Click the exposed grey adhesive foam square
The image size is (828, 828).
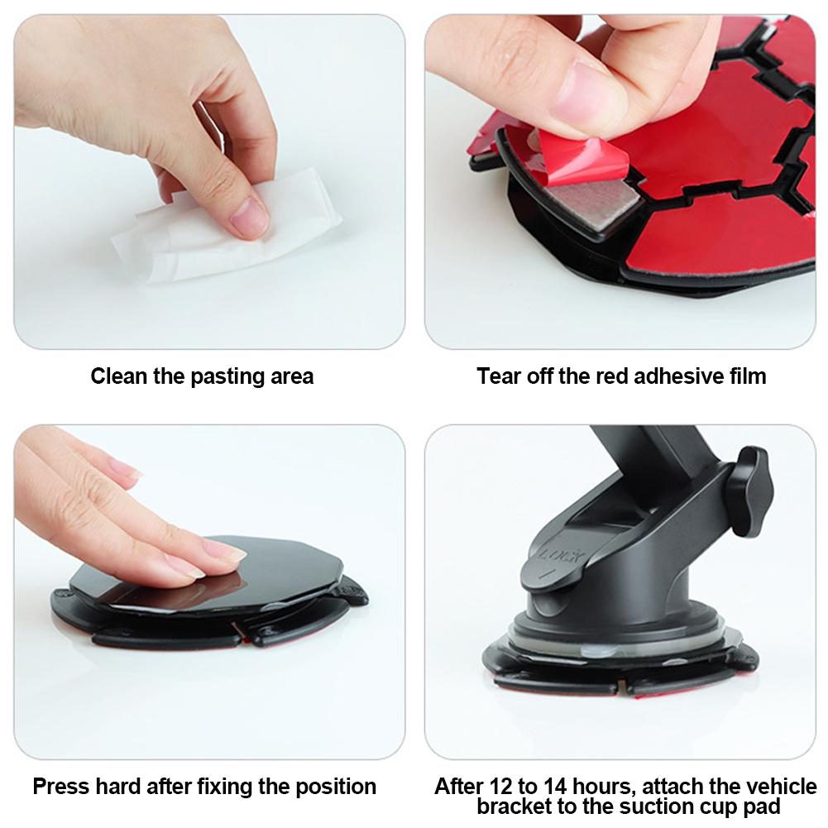(592, 203)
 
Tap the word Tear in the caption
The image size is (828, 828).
(498, 376)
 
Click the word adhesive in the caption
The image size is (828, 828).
(677, 376)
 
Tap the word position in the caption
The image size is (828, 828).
(336, 787)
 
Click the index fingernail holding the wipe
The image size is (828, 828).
(249, 217)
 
